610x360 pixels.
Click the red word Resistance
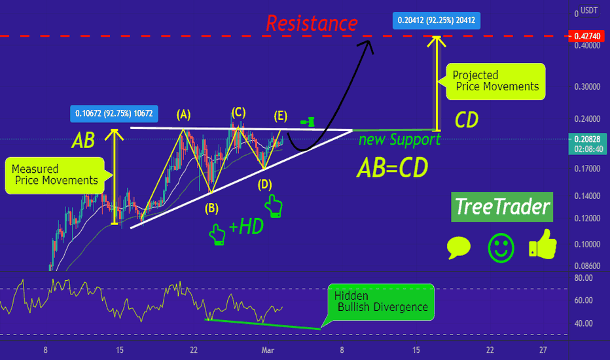point(312,23)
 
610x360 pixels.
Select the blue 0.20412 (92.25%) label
point(436,20)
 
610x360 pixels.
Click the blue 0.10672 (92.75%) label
point(114,114)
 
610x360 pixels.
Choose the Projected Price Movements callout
point(495,81)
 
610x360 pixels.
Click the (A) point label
point(184,115)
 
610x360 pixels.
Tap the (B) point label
point(211,209)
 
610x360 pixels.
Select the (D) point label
point(265,184)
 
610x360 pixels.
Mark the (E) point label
point(281,116)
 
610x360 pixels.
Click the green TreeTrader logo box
point(502,207)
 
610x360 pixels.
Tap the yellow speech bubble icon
point(459,247)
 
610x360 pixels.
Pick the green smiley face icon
point(501,248)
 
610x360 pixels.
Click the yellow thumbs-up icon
point(543,244)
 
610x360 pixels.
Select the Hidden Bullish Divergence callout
point(380,302)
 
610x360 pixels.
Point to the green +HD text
point(246,226)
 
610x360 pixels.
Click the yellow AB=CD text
point(393,168)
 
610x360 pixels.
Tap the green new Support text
point(399,139)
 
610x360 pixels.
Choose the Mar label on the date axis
point(268,350)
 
